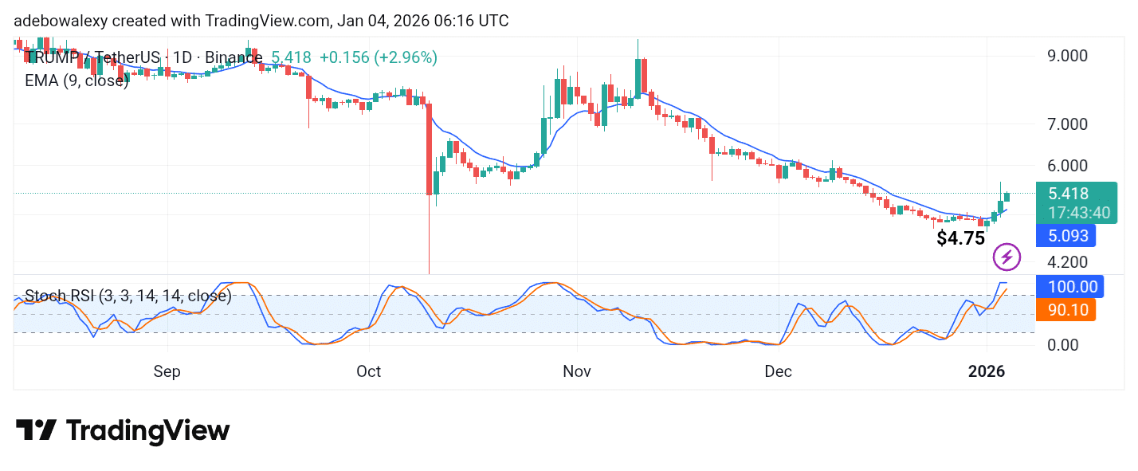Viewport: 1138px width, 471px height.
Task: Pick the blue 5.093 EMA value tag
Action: coord(1065,236)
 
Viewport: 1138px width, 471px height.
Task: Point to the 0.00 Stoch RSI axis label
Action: coord(1064,345)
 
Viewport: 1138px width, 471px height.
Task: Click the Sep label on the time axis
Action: coord(167,371)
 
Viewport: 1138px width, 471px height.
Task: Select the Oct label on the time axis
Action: coord(369,371)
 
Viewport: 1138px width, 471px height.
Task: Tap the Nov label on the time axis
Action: coord(576,371)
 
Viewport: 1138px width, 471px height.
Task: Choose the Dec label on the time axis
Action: coord(778,371)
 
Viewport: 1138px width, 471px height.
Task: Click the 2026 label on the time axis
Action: coord(987,371)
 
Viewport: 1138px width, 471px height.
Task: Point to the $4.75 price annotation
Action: coord(960,238)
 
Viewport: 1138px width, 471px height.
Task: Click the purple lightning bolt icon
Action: coord(1007,257)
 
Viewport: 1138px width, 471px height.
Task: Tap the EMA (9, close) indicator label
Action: coord(77,80)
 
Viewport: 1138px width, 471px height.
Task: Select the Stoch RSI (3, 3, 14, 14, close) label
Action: coord(128,296)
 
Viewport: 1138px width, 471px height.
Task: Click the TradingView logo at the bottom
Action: coord(123,431)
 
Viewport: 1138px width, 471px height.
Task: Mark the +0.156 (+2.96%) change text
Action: coord(378,57)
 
